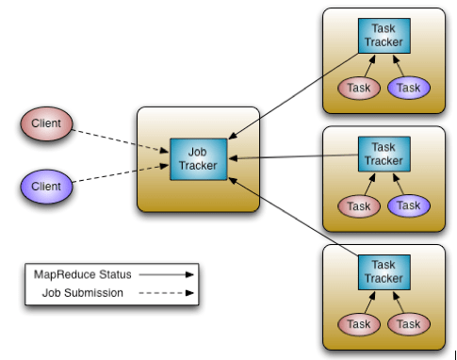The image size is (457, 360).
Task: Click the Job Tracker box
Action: click(x=198, y=157)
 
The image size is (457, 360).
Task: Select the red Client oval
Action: click(x=46, y=123)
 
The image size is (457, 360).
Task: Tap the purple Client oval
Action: click(x=46, y=187)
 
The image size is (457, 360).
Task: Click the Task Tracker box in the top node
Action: click(x=384, y=35)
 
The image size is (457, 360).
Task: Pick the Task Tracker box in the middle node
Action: click(x=384, y=154)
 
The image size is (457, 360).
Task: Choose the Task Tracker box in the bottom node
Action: click(x=384, y=271)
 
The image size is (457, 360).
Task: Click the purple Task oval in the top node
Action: click(x=408, y=88)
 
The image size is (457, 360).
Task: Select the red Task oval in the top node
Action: click(x=359, y=88)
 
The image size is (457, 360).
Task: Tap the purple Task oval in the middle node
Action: click(x=408, y=205)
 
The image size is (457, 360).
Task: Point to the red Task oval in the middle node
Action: click(x=359, y=205)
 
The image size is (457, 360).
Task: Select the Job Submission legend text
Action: click(x=82, y=292)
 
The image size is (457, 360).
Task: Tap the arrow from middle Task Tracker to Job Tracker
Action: click(x=292, y=156)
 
